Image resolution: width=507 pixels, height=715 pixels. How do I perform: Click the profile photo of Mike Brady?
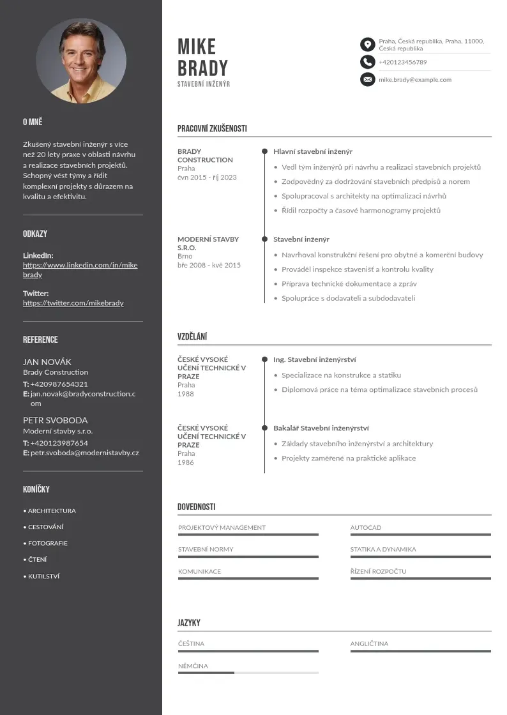pos(81,61)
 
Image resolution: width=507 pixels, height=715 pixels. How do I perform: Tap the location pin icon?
pos(367,44)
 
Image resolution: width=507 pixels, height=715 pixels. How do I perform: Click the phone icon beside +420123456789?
pos(367,62)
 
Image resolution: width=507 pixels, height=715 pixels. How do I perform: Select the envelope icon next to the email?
pos(367,80)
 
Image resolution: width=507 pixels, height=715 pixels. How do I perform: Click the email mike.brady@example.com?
pos(415,80)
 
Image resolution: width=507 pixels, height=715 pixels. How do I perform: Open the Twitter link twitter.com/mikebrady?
pos(73,303)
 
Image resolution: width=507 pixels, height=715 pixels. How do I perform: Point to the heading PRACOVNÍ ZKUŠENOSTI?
pos(212,128)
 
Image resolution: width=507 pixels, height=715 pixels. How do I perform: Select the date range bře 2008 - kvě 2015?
pos(209,265)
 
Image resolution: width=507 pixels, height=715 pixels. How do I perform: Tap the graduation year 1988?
pos(186,394)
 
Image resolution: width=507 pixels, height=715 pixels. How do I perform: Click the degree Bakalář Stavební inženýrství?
pos(321,428)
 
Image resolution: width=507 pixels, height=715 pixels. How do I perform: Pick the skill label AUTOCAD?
pos(365,528)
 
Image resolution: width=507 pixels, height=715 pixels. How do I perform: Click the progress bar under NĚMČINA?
pos(248,673)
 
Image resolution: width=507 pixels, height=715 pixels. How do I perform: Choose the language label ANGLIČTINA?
pos(369,643)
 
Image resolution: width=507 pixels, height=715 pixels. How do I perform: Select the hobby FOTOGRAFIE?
pos(47,543)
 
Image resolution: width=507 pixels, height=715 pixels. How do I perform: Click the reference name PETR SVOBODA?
pos(55,421)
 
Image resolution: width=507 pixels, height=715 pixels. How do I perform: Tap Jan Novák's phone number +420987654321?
pos(59,384)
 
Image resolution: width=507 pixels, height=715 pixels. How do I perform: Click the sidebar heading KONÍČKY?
pos(36,490)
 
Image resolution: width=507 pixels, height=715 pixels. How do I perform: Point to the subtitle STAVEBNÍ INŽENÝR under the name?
pos(204,84)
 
